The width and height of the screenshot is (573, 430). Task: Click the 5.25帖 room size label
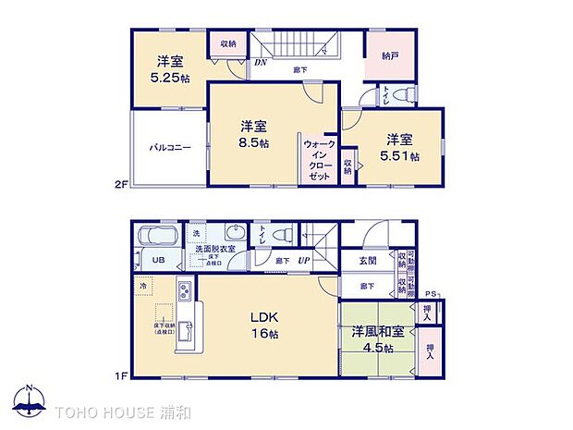coord(167,78)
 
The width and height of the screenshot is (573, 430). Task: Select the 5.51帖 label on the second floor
coord(400,157)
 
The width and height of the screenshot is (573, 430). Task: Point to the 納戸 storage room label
coord(390,55)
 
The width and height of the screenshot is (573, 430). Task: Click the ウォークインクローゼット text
coord(320,158)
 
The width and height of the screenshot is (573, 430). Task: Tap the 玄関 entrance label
coord(367,261)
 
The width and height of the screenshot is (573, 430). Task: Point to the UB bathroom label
coord(158,261)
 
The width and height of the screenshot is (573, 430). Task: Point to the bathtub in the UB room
coord(158,238)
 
